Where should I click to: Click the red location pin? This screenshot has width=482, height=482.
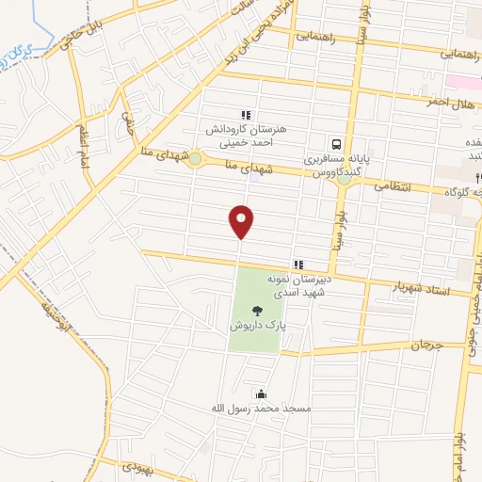242,222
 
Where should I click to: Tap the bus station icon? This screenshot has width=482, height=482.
335,145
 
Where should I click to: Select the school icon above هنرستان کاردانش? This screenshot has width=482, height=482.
247,115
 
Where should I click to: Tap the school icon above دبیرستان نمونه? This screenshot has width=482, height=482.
297,265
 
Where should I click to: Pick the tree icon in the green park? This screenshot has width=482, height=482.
255,309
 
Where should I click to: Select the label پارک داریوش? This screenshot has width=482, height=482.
254,325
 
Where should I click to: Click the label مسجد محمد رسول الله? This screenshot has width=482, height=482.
259,410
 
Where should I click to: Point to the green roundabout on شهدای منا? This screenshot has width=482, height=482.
194,160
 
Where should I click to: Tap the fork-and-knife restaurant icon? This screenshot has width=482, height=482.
478,177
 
